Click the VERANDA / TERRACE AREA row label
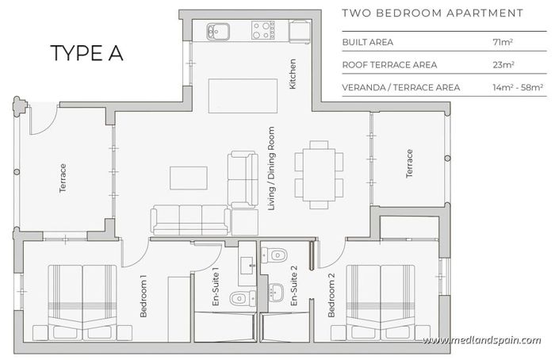coord(400,87)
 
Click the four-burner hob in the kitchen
coord(263,31)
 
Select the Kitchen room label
coord(293,73)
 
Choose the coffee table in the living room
coord(189,178)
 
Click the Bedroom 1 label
coord(144,297)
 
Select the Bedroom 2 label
coord(332,296)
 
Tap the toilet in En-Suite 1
coord(239,298)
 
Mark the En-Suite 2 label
coord(293,286)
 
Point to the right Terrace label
coord(410,163)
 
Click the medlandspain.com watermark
coord(481,340)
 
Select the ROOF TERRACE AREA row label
coord(389,64)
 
